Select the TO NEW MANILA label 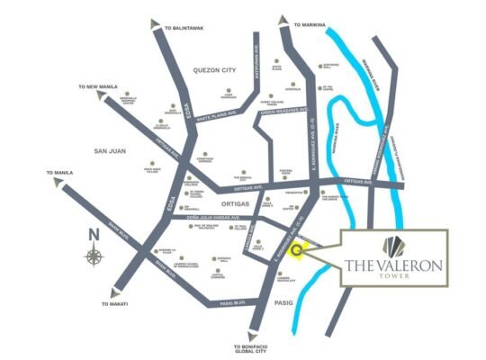tap(99, 87)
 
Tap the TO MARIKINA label tap(310, 26)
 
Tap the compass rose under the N tap(94, 256)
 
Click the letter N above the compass tap(94, 237)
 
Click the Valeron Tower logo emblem tap(393, 246)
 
